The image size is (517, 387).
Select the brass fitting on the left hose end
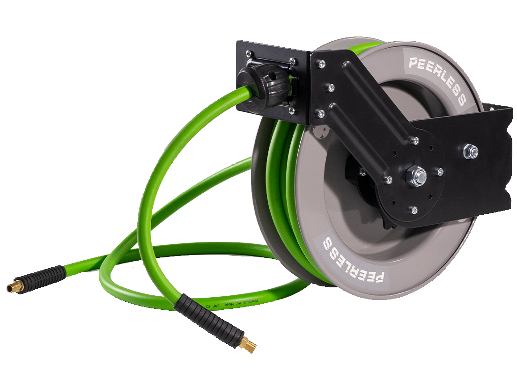15,286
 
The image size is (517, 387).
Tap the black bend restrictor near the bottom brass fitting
208,319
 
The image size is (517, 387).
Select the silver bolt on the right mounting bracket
471,151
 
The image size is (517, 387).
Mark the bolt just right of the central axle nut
440,172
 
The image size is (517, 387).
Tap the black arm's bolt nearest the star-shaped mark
321,113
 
